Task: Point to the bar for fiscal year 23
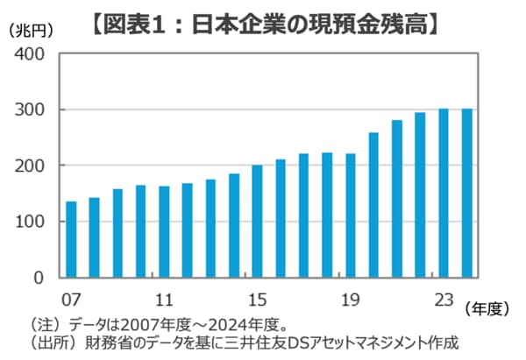tap(444, 193)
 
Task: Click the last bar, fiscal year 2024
tap(466, 193)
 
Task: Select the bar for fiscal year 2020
tap(373, 205)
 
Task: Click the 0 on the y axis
tap(39, 279)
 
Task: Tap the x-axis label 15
tap(257, 298)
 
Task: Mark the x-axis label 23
tap(444, 298)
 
